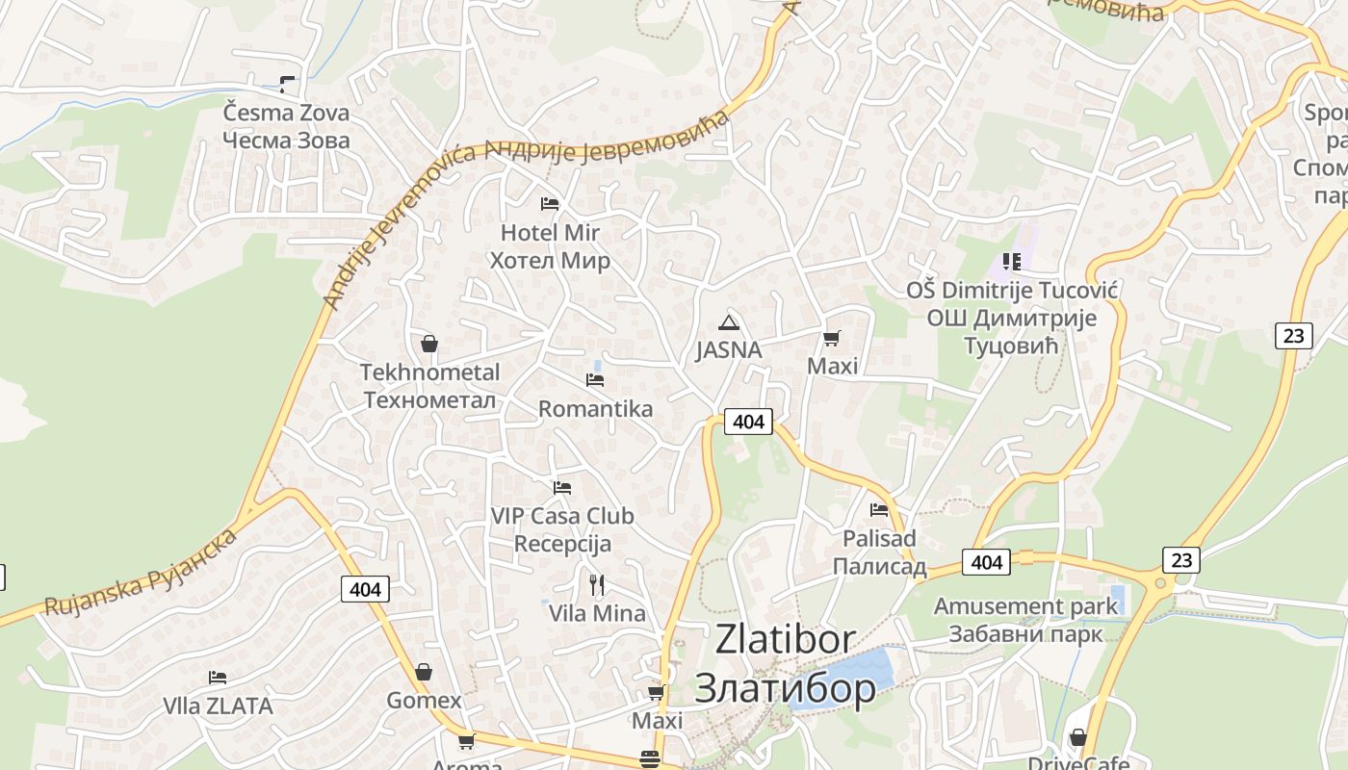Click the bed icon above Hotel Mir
(x=550, y=204)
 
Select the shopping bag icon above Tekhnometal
(x=429, y=344)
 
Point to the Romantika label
(x=595, y=408)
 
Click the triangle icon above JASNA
(x=729, y=322)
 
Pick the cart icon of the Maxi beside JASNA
(x=832, y=338)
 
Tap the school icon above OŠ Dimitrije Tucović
(x=1011, y=261)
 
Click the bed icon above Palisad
(x=879, y=509)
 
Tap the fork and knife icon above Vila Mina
(x=597, y=584)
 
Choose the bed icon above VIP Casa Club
(x=562, y=488)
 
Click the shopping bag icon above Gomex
(x=424, y=672)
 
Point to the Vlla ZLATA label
(x=218, y=706)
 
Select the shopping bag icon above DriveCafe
(x=1077, y=737)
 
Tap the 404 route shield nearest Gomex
(x=365, y=589)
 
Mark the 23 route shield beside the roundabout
(x=1180, y=559)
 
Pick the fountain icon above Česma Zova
(x=286, y=85)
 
